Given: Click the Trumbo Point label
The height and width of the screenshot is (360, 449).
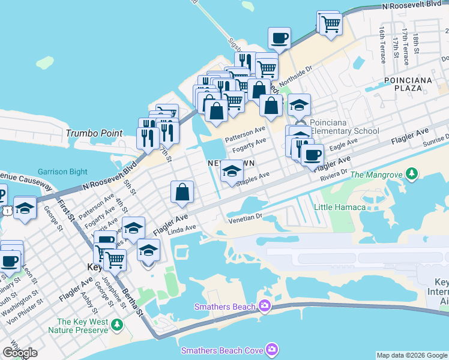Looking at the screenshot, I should point(94,133).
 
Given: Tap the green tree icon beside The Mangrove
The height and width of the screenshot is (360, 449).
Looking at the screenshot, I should point(411,175).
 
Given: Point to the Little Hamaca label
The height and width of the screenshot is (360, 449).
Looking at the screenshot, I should point(340,208).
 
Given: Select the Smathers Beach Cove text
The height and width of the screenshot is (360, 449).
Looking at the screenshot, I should point(222,349).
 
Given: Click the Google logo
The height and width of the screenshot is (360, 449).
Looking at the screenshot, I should point(20,353).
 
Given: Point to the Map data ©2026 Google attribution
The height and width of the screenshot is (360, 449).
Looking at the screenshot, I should point(412,355).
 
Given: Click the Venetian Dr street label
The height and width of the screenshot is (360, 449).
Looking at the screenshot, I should point(246,220).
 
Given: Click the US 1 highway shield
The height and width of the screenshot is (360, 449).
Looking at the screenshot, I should point(6,211).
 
